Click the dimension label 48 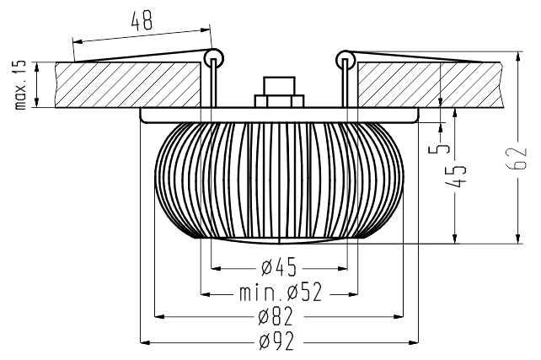click(142, 21)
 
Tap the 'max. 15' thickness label click(21, 85)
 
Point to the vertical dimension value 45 click(456, 176)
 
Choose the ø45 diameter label click(279, 266)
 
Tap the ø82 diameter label click(276, 316)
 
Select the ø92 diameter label click(276, 341)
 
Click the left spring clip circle click(214, 58)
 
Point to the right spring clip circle click(345, 60)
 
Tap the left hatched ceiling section click(127, 85)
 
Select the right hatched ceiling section click(429, 85)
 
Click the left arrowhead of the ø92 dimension click(145, 343)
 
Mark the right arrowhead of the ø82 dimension click(399, 316)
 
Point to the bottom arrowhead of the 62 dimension click(517, 238)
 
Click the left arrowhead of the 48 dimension click(78, 41)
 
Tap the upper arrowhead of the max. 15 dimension click(37, 67)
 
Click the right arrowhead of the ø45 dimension click(342, 268)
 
